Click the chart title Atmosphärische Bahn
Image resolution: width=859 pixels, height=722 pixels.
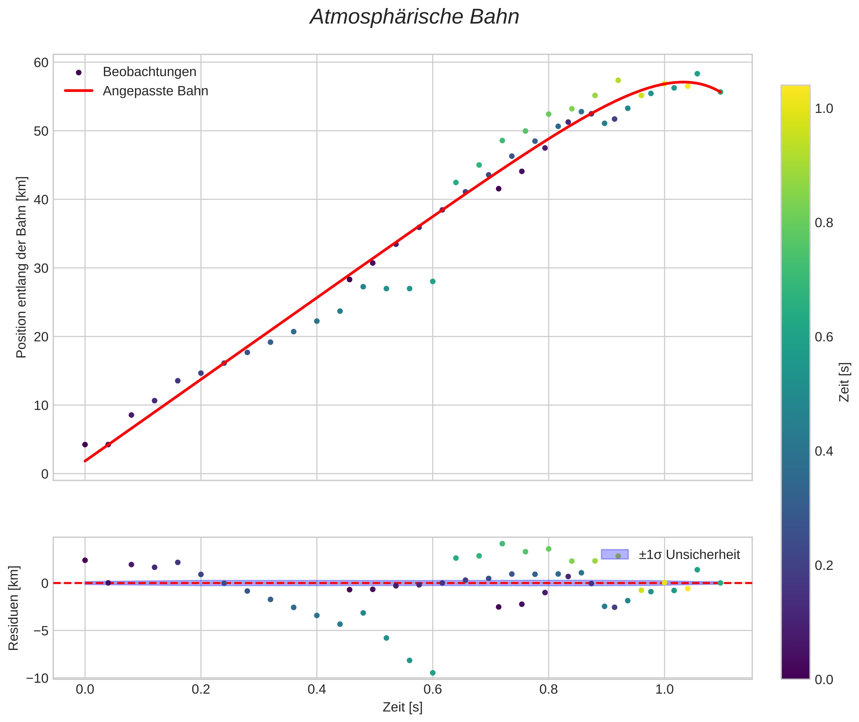click(x=414, y=17)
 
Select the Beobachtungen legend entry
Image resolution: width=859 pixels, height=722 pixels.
click(x=149, y=72)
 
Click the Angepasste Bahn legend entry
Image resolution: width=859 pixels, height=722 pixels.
click(x=155, y=91)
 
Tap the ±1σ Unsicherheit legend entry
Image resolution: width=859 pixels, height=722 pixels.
click(x=689, y=555)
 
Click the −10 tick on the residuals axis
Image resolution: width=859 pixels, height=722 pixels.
click(x=37, y=678)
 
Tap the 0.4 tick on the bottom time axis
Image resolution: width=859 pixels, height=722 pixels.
click(x=316, y=690)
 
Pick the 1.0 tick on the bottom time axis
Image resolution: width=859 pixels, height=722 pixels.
click(x=664, y=690)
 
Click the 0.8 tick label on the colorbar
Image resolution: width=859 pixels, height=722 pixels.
click(x=824, y=223)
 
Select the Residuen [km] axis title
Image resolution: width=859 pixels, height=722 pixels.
click(x=13, y=608)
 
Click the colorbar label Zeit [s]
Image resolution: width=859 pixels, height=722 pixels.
click(x=844, y=382)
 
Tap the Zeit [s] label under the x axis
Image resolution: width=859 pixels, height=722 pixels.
click(x=402, y=707)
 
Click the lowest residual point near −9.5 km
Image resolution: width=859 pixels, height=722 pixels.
click(x=433, y=673)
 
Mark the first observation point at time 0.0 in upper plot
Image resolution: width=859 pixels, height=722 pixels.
click(x=85, y=445)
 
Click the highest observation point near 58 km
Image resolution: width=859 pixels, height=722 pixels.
click(x=697, y=74)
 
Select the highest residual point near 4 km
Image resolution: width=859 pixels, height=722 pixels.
click(x=502, y=544)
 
